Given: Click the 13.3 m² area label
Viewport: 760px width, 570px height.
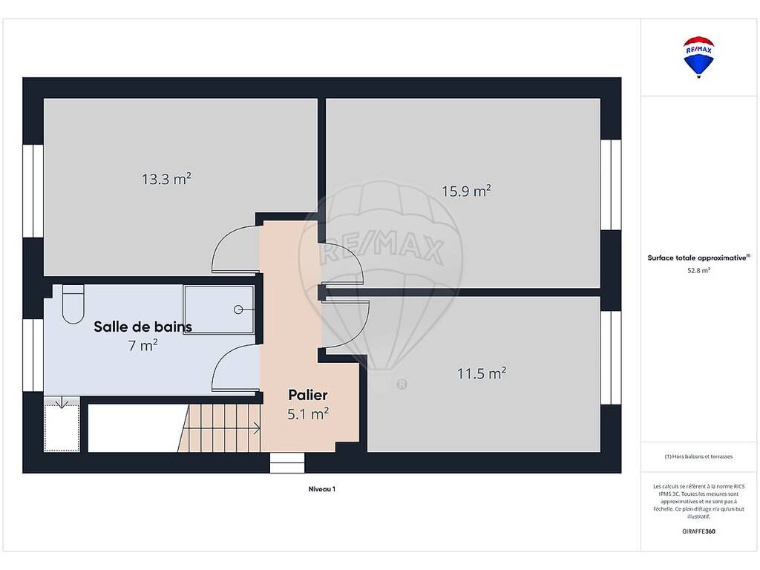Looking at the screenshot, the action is click(166, 179).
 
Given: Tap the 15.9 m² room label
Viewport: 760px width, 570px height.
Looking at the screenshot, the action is click(466, 191).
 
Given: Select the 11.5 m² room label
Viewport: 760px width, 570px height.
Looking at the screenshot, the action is click(482, 373).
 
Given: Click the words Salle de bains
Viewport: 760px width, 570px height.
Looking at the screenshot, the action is click(143, 327).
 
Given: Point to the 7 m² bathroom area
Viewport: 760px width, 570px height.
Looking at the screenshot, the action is click(143, 345).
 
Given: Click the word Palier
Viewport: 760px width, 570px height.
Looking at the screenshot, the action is click(308, 395).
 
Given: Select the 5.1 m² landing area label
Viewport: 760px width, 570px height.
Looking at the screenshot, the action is click(308, 414).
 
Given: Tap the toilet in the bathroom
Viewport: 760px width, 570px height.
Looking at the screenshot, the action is click(73, 304).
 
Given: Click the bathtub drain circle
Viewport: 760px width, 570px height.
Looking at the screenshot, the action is click(238, 309).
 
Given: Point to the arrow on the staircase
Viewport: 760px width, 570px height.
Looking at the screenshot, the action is click(224, 428).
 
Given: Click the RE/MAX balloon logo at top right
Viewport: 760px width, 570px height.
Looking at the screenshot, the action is click(698, 56).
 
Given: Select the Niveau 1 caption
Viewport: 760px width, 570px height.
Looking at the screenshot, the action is click(322, 489).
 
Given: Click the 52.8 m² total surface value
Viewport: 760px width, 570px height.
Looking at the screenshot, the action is click(698, 270).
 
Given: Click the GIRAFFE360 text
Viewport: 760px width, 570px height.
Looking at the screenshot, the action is click(698, 531).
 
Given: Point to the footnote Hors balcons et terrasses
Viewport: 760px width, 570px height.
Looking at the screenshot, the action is click(698, 456).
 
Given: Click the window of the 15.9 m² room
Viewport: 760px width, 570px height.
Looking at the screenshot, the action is click(611, 185).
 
